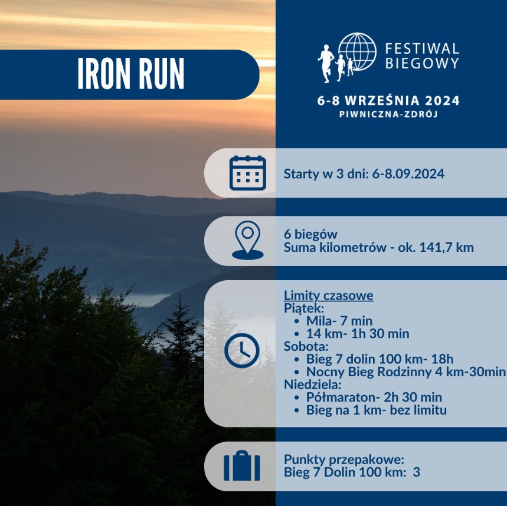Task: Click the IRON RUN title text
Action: tap(131, 74)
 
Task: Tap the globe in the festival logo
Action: tap(357, 52)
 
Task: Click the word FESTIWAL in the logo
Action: tap(422, 49)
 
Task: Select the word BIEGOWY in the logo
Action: tap(422, 63)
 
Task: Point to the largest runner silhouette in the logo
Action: tap(326, 64)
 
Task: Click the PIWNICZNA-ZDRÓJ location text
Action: tap(388, 114)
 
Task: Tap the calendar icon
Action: tap(248, 173)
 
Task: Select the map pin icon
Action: tap(248, 240)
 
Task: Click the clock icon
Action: tap(242, 350)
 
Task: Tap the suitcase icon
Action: tap(242, 466)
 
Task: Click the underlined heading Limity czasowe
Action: tap(329, 295)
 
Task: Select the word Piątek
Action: tap(303, 308)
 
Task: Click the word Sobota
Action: tap(306, 346)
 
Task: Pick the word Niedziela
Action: tap(313, 385)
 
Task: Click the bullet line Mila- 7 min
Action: tap(339, 321)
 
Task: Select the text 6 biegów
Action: tap(310, 234)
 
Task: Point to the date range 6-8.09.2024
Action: tap(408, 174)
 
